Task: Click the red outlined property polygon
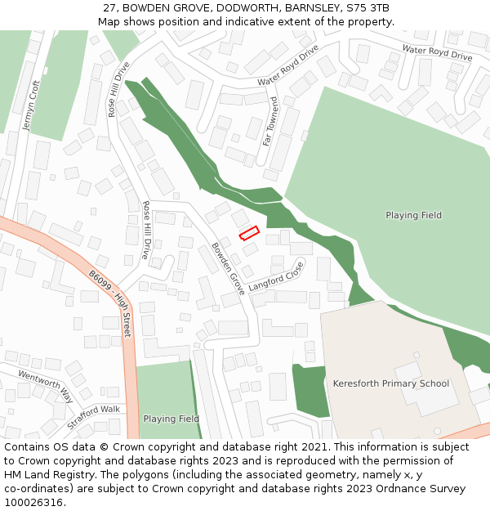coord(249,234)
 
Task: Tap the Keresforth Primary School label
coord(390,383)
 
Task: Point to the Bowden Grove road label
coord(228,268)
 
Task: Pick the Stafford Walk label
coord(93,409)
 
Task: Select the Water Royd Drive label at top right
coord(437,53)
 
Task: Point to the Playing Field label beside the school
coord(413,215)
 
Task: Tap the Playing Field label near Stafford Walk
coord(171,419)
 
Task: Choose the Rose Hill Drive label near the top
coord(118,89)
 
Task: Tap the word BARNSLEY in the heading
coord(314,8)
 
